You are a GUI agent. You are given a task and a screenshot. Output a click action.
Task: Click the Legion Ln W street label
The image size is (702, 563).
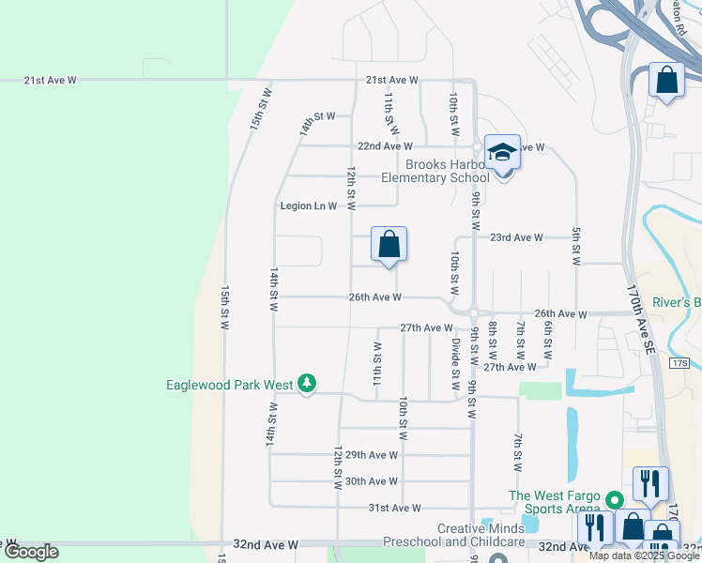pos(309,205)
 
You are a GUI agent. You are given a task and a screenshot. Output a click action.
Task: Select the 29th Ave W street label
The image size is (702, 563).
pos(372,455)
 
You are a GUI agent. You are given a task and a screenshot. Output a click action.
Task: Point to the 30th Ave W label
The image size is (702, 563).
pos(372,481)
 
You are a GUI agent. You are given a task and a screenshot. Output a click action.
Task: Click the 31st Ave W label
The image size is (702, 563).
pos(394,508)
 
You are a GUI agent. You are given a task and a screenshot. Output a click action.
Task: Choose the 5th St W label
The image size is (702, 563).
pos(575,248)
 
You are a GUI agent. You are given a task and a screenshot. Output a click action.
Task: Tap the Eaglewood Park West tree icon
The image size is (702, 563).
pos(307,384)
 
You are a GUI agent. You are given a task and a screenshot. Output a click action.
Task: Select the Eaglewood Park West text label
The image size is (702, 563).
pos(229,385)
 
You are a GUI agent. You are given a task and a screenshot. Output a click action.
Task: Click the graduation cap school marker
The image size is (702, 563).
pos(502,152)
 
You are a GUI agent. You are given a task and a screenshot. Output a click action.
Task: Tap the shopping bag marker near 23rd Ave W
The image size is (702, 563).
pos(389,245)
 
